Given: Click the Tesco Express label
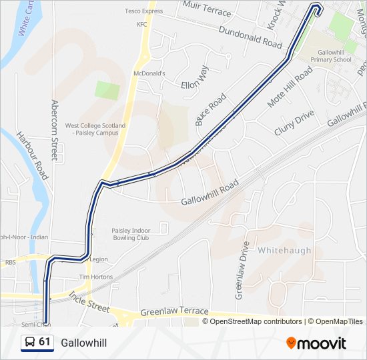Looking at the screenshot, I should click(x=143, y=11).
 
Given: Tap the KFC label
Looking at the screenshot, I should click(x=141, y=25).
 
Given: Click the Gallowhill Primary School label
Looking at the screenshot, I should click(x=334, y=55).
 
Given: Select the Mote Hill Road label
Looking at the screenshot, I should click(x=290, y=87).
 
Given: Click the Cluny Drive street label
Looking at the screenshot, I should click(x=294, y=123).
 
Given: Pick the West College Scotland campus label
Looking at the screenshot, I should click(x=91, y=129).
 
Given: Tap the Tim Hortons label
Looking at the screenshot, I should click(x=93, y=277).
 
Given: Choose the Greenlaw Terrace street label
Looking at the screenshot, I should click(x=174, y=312).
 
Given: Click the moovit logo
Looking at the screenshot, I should click(x=316, y=343).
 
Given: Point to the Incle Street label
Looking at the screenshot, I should click(x=89, y=303).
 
